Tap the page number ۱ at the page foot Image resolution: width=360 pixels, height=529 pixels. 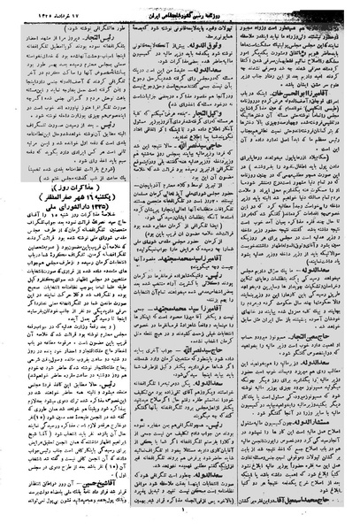click(179, 520)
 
